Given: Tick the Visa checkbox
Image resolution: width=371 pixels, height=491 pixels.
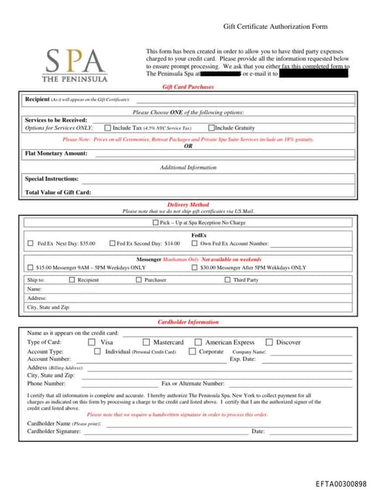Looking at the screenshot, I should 92,342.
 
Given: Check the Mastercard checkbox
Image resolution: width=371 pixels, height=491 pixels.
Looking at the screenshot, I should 146,342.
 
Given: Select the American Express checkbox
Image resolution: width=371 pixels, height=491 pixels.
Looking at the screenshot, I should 198,342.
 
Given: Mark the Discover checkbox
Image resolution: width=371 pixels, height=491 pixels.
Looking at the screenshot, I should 269,342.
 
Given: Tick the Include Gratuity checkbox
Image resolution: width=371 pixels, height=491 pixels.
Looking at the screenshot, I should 211,127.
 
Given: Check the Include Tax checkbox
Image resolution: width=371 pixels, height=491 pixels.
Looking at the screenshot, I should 107,127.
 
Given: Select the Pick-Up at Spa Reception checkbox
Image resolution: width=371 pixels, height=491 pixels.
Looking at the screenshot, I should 155,223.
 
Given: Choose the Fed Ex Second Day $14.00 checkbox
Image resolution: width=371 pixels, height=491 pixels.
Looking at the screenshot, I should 112,243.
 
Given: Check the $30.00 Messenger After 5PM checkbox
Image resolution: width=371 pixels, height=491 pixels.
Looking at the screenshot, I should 194,267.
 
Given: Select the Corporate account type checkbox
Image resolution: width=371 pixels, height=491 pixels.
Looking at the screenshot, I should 192,351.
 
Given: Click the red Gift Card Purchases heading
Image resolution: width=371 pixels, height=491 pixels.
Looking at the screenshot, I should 188,87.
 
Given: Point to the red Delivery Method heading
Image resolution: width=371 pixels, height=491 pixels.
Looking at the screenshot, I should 188,205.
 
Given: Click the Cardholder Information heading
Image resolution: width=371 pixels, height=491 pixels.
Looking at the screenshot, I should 188,322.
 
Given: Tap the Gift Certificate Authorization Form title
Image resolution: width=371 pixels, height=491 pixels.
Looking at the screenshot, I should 275,27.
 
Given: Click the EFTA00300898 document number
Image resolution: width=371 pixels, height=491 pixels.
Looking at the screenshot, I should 341,483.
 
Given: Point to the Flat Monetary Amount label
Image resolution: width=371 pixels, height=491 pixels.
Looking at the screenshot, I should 56,154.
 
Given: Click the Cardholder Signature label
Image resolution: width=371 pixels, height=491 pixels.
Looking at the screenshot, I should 54,431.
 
